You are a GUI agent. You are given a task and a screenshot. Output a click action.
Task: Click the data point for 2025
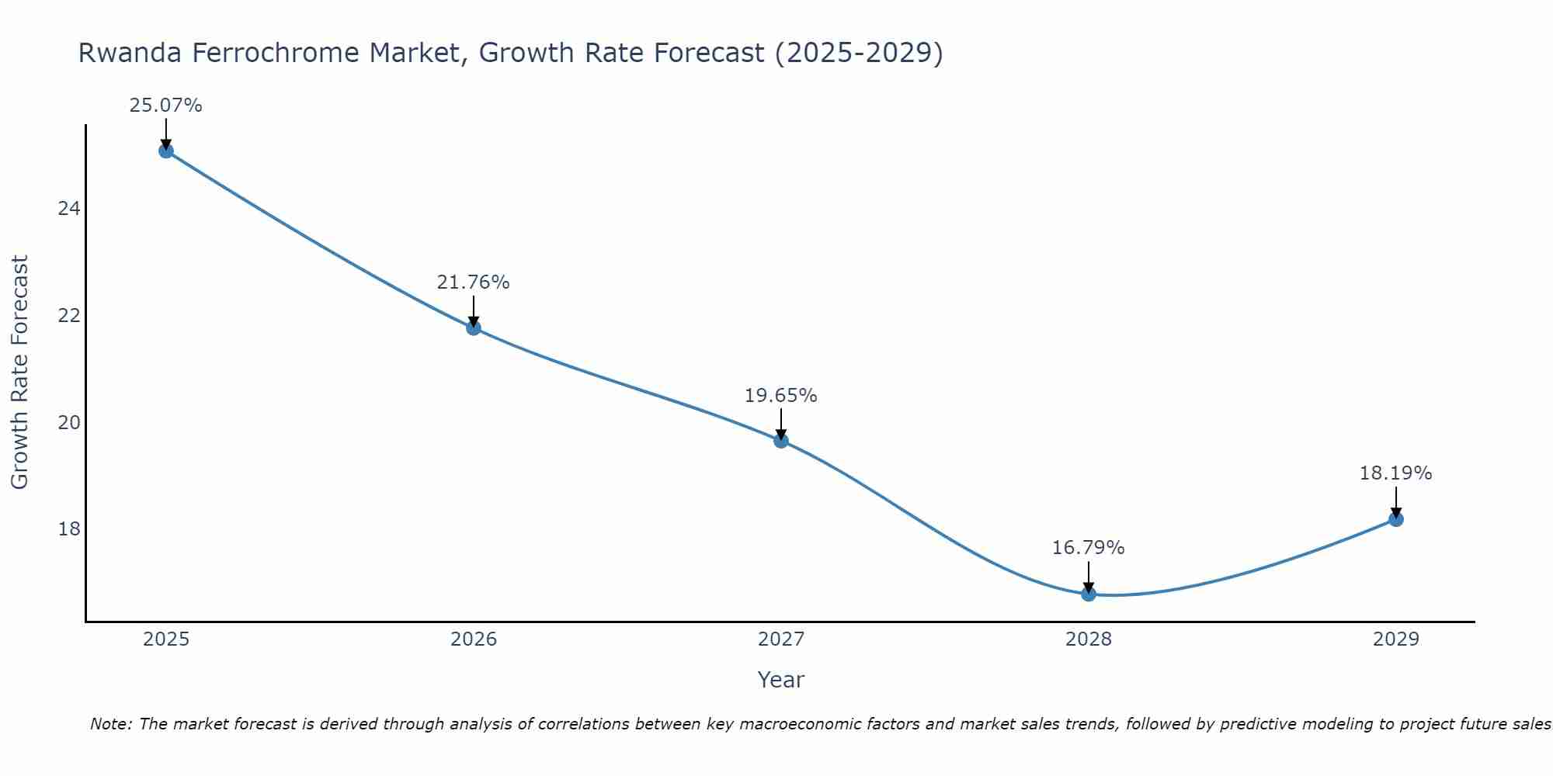166,151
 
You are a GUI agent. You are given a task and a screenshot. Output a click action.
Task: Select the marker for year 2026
474,327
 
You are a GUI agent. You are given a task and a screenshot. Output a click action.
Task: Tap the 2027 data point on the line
781,441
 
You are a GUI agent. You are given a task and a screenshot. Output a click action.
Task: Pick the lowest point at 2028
1089,594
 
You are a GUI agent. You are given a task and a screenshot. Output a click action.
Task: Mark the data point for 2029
1396,519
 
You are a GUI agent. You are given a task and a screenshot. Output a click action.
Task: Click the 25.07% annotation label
165,106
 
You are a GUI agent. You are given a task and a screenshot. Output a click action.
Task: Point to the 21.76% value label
473,282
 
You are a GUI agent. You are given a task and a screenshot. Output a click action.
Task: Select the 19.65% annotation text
780,396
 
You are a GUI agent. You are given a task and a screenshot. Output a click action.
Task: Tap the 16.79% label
1088,548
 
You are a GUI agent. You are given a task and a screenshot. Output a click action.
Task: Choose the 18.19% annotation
1395,473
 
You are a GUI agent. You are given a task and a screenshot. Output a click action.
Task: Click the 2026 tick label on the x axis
474,639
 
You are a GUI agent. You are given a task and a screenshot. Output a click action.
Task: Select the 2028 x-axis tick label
1089,639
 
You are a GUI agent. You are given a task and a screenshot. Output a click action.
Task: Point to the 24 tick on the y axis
69,209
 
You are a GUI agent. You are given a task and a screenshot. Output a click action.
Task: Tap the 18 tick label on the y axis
69,529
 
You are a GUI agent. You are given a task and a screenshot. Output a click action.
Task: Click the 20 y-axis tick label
69,423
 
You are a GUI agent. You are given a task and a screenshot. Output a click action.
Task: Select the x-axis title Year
780,680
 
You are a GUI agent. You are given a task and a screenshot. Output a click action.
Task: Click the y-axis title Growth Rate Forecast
19,372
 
